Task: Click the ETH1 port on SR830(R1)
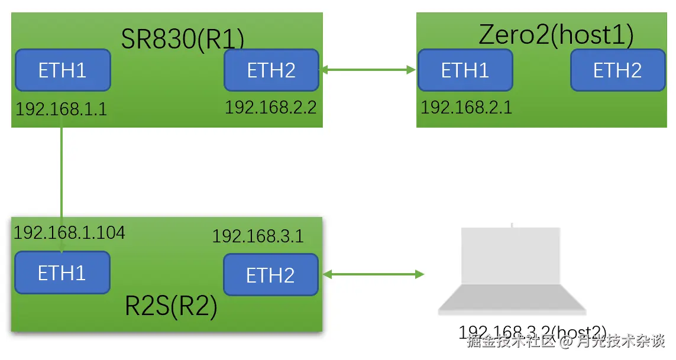coord(63,70)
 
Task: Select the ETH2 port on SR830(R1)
coord(271,70)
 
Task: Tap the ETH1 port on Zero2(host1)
coord(465,70)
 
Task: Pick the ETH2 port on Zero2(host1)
coord(617,70)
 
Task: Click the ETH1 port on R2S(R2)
coord(62,273)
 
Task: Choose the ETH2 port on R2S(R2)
coord(271,275)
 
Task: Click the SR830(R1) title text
coord(183,39)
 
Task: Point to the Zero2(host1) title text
coord(556,35)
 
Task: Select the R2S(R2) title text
coord(172,306)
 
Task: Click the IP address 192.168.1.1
coord(61,109)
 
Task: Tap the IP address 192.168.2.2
coord(270,107)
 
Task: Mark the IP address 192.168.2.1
coord(466,107)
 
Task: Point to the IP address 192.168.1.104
coord(69,232)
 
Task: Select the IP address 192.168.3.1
coord(258,236)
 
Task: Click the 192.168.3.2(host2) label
coord(532,332)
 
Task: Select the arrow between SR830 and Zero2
coord(368,70)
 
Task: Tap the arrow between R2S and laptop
coord(373,274)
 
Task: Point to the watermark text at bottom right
coord(566,341)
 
